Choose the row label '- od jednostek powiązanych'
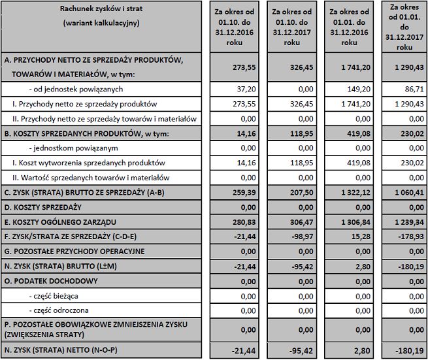tap(76, 89)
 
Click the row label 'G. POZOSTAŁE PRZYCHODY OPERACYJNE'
tap(74, 252)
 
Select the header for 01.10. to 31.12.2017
tap(292, 27)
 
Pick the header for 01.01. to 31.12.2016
tap(350, 27)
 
